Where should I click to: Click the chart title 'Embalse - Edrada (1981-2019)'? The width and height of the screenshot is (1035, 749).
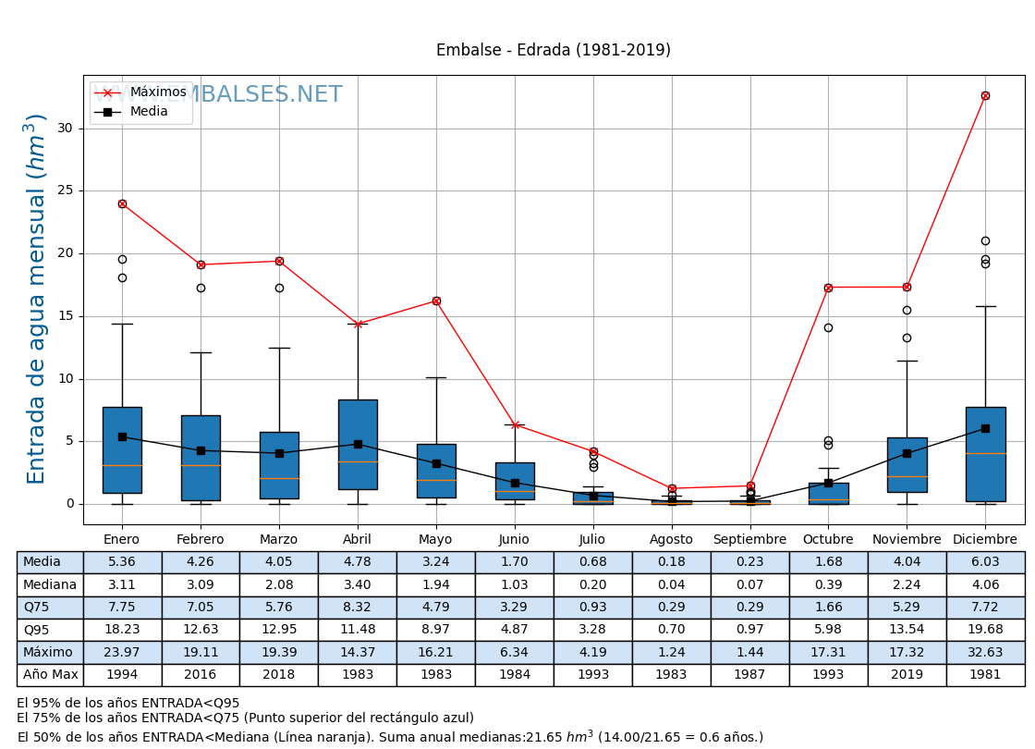(x=553, y=51)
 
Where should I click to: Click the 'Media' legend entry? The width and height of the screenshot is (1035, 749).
(x=149, y=112)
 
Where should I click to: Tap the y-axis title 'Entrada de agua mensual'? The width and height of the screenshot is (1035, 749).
(x=36, y=299)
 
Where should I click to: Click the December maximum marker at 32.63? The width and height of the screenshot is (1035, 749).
(x=985, y=95)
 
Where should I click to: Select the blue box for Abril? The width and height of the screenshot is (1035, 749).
(x=358, y=444)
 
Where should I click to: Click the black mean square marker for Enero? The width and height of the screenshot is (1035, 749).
(x=122, y=436)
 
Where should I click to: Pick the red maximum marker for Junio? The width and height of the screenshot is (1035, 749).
(x=515, y=424)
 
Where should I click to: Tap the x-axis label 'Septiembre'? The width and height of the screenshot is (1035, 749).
(x=749, y=540)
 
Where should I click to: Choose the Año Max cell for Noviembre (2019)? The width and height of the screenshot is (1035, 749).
(x=907, y=675)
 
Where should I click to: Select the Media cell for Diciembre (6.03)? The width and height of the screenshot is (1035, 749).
(x=985, y=562)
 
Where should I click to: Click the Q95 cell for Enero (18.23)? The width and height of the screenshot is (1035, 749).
(x=122, y=630)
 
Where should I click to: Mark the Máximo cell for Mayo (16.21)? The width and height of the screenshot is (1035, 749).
(x=436, y=652)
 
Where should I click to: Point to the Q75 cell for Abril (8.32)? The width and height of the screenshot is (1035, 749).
(x=358, y=608)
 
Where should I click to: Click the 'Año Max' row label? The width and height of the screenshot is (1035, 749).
(x=50, y=675)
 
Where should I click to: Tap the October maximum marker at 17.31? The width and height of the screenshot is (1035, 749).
(x=828, y=288)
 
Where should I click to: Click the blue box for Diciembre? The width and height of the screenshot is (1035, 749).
(x=985, y=453)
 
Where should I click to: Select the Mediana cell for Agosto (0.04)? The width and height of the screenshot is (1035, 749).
(x=671, y=584)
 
